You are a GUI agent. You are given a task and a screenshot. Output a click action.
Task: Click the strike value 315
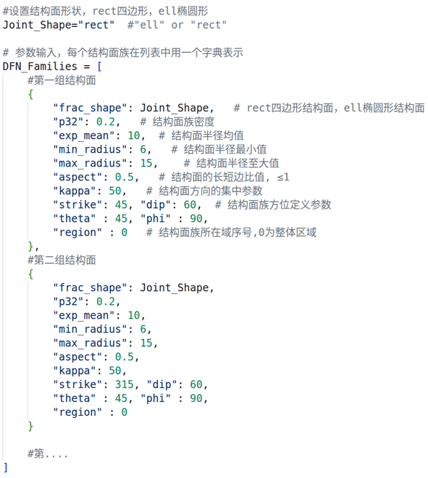[x=125, y=385]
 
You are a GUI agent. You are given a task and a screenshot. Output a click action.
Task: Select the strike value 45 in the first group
[x=121, y=204]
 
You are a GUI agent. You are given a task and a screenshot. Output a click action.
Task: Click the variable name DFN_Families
[x=40, y=66]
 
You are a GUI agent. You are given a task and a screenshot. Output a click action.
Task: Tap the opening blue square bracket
[x=99, y=66]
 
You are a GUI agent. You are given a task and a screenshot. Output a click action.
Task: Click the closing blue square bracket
[x=6, y=467]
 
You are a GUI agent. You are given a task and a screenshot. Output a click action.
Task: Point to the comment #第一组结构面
[x=62, y=80]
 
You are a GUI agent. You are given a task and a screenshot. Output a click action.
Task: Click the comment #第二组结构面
[x=62, y=260]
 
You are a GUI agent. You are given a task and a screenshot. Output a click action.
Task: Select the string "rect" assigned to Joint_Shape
[x=96, y=25]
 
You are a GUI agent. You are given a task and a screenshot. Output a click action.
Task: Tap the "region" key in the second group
[x=77, y=412]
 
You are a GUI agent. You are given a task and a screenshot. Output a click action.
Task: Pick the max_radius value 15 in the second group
[x=146, y=343]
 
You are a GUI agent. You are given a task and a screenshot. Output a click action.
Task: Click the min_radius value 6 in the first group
[x=143, y=149]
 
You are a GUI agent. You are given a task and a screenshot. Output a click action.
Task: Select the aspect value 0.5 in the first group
[x=125, y=177]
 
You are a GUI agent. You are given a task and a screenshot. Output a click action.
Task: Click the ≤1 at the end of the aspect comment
[x=283, y=177]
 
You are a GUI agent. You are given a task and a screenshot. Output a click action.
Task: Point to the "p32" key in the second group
[x=68, y=301]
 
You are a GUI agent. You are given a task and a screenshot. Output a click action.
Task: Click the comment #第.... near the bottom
[x=48, y=453]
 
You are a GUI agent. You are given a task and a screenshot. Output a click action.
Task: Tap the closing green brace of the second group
[x=30, y=426]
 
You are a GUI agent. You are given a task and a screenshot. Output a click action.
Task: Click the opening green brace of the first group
[x=30, y=94]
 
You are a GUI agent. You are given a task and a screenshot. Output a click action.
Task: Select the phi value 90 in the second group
[x=196, y=398]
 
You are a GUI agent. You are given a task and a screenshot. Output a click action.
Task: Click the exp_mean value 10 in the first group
[x=133, y=135]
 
